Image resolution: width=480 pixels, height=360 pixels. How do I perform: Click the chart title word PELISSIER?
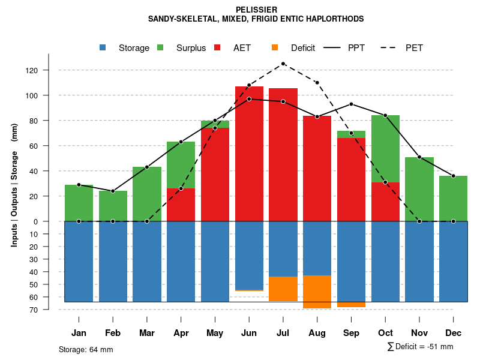[256, 10]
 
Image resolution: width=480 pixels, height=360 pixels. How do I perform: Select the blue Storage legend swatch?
[103, 47]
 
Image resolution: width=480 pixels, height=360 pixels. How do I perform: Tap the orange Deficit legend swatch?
[275, 47]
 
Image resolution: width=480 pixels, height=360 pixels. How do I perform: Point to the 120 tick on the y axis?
[31, 70]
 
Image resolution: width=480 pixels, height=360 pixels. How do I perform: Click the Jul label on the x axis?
[283, 333]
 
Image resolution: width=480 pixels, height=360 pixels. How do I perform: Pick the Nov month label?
[419, 333]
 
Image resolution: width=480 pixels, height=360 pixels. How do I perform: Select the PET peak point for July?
[283, 64]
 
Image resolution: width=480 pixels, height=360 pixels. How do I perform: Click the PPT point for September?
[351, 104]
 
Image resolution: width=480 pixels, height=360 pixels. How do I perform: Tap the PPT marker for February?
[113, 191]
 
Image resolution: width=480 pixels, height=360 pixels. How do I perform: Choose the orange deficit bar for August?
[317, 292]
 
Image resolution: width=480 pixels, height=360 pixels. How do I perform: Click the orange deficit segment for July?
[283, 289]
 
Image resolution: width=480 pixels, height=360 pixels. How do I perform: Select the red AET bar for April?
[181, 205]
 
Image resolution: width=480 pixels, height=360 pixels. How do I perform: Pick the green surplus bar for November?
[419, 189]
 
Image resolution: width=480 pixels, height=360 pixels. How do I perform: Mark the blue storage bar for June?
[249, 255]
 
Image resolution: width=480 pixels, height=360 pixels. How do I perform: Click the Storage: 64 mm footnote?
[86, 349]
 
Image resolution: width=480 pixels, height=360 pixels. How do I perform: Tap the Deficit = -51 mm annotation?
[420, 346]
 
